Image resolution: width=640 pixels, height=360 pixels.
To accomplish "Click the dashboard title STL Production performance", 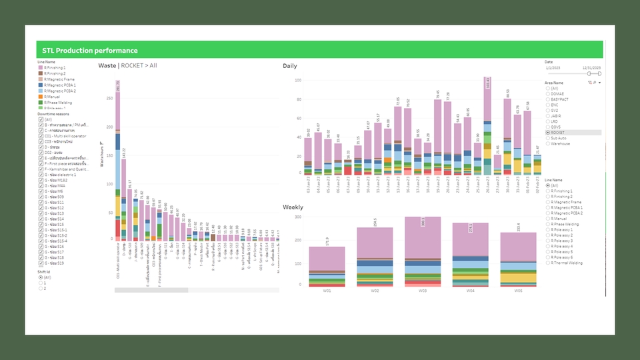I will [90, 51].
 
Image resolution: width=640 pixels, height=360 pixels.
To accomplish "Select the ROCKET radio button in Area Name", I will [547, 133].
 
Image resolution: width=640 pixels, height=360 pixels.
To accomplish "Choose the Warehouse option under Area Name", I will [547, 143].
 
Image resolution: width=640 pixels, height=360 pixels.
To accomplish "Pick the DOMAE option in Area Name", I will [547, 93].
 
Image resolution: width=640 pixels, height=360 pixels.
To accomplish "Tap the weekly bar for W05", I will [518, 260].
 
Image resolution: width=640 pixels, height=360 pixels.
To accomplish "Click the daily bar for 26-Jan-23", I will [487, 127].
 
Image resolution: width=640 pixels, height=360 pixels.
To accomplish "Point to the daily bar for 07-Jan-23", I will [348, 167].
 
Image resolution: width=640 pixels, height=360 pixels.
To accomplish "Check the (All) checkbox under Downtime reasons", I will [41, 120].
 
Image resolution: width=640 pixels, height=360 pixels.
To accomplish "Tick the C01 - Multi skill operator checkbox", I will [41, 137].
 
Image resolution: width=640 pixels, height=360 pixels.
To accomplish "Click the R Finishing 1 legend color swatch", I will [41, 68].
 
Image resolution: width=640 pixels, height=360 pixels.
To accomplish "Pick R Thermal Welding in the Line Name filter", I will [547, 263].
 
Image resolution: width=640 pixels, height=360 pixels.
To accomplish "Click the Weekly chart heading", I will [293, 207].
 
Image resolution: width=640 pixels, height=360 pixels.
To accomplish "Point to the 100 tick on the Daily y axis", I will [297, 81].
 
